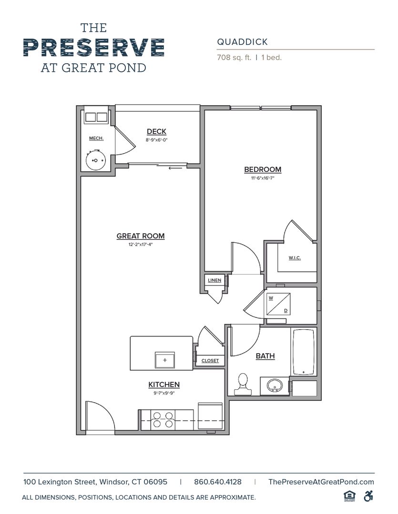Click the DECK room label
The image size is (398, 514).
coord(156,131)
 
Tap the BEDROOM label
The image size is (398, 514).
coord(263,169)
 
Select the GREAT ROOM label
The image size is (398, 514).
coord(141,236)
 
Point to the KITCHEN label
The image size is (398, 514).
coord(164,385)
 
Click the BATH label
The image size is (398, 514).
coord(265,356)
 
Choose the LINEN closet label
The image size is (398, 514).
coord(214,280)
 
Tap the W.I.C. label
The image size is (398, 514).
coord(295,258)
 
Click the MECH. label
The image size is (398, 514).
coord(96,138)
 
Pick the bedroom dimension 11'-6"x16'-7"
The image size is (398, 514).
coord(263,178)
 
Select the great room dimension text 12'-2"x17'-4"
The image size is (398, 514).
coord(141,244)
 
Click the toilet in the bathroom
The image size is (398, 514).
coord(243,384)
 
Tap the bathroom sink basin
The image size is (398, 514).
coord(275,385)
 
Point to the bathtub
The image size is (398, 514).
coord(304,352)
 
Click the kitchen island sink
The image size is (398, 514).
coord(165,360)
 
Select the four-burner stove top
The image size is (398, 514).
coord(163,420)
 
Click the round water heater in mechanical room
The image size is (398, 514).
coord(95,160)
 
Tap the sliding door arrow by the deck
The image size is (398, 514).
coord(175,168)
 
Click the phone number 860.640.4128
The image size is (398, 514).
coord(218,482)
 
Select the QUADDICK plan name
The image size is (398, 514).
coord(242,42)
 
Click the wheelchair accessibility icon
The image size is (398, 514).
coord(368,496)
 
